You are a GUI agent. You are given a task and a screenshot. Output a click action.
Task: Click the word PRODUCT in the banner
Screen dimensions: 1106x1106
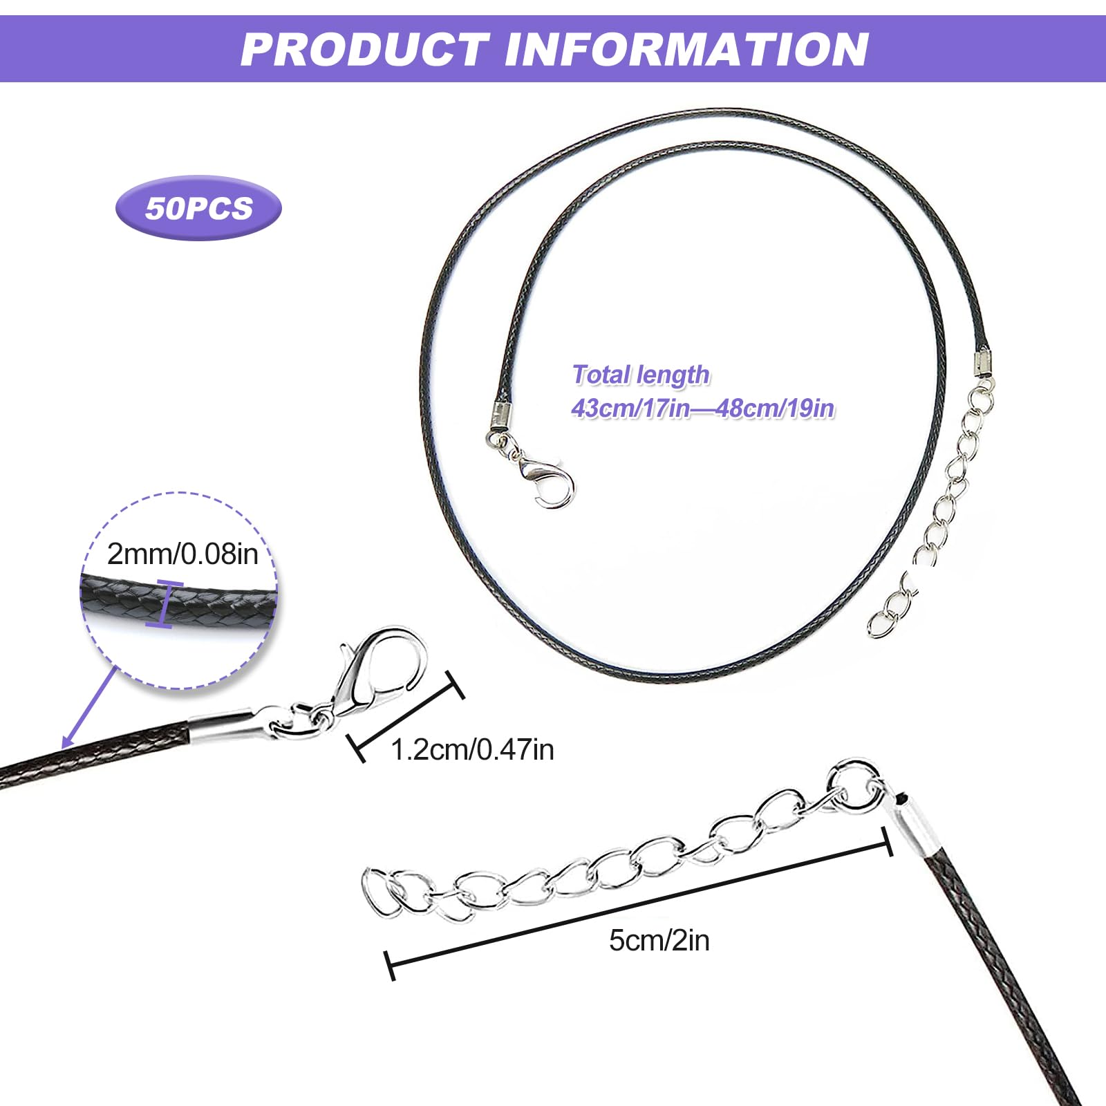364,49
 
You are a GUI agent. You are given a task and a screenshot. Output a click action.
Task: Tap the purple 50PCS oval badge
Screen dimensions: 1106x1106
198,208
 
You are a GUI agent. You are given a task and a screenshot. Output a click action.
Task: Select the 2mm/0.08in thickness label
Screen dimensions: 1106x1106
182,554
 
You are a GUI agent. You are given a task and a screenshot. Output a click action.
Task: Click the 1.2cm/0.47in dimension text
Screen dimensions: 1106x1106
472,749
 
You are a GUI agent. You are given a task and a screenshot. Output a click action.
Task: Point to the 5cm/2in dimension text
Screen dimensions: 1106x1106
659,941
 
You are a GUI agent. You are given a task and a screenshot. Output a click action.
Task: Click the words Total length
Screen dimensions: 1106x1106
641,375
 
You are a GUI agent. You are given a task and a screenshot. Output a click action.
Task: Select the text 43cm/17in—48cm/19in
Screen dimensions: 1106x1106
702,408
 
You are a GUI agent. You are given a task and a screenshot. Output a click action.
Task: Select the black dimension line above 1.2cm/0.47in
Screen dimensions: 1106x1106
404,717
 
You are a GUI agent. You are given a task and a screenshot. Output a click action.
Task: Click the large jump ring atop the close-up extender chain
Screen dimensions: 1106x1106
856,785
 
